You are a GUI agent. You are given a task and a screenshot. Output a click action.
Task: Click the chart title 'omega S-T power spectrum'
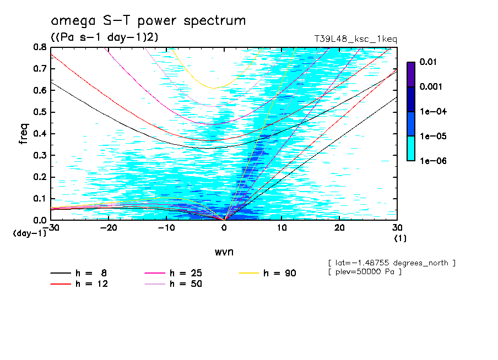(x=148, y=21)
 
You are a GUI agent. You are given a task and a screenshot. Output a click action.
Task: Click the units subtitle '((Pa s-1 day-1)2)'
(x=104, y=37)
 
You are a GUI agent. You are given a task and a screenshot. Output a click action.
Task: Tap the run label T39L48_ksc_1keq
(x=355, y=39)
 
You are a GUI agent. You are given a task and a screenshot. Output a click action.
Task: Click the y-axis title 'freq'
(x=24, y=133)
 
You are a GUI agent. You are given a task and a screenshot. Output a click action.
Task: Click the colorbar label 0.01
(x=429, y=62)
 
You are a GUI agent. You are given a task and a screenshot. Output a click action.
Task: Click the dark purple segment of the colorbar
(x=411, y=74)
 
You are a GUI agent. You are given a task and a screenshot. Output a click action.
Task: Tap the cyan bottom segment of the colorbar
(x=411, y=148)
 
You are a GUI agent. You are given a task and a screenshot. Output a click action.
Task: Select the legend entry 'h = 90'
(x=279, y=273)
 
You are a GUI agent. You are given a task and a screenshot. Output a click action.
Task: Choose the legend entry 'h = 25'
(x=185, y=273)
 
